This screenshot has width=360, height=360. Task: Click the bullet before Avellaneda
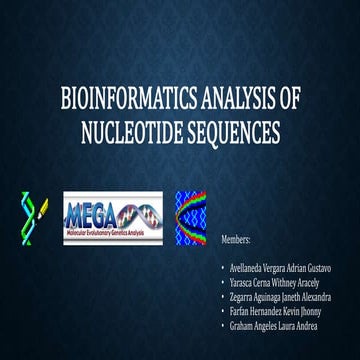coord(222,268)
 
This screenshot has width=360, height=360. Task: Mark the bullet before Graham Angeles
coord(222,326)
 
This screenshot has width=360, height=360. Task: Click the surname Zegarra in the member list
coord(245,297)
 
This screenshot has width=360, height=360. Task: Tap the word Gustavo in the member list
coord(330,268)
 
